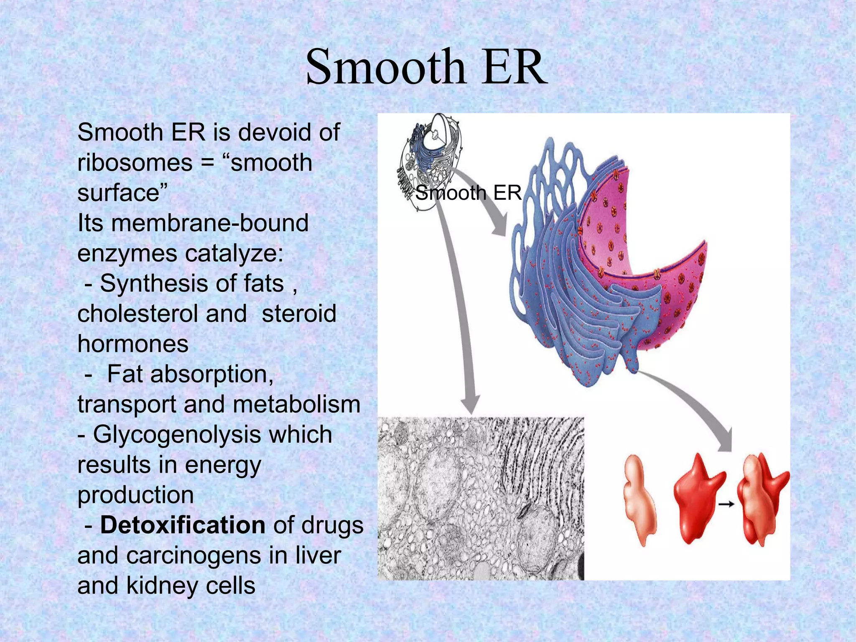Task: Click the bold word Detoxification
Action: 183,525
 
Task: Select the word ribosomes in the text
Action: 135,163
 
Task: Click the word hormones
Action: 133,344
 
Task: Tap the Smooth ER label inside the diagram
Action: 468,193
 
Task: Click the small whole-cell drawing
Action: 431,161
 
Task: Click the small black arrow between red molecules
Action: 726,504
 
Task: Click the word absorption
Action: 211,374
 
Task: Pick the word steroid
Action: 299,313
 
